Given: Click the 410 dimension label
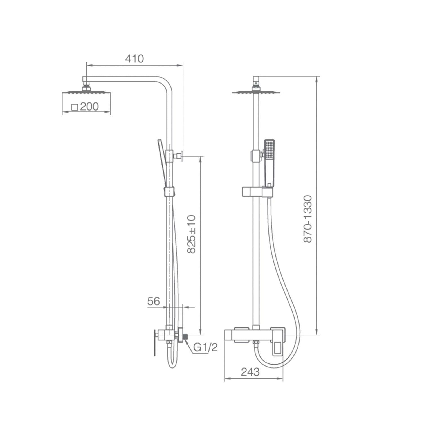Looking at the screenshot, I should pyautogui.click(x=134, y=59).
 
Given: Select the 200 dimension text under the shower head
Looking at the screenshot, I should pyautogui.click(x=89, y=107).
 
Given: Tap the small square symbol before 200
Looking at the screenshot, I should pyautogui.click(x=75, y=107).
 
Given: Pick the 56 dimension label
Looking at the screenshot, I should pyautogui.click(x=153, y=301).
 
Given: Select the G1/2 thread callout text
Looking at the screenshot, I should pyautogui.click(x=205, y=348).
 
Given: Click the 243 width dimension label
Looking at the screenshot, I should pyautogui.click(x=250, y=372).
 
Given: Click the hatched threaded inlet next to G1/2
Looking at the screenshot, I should pyautogui.click(x=185, y=336).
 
